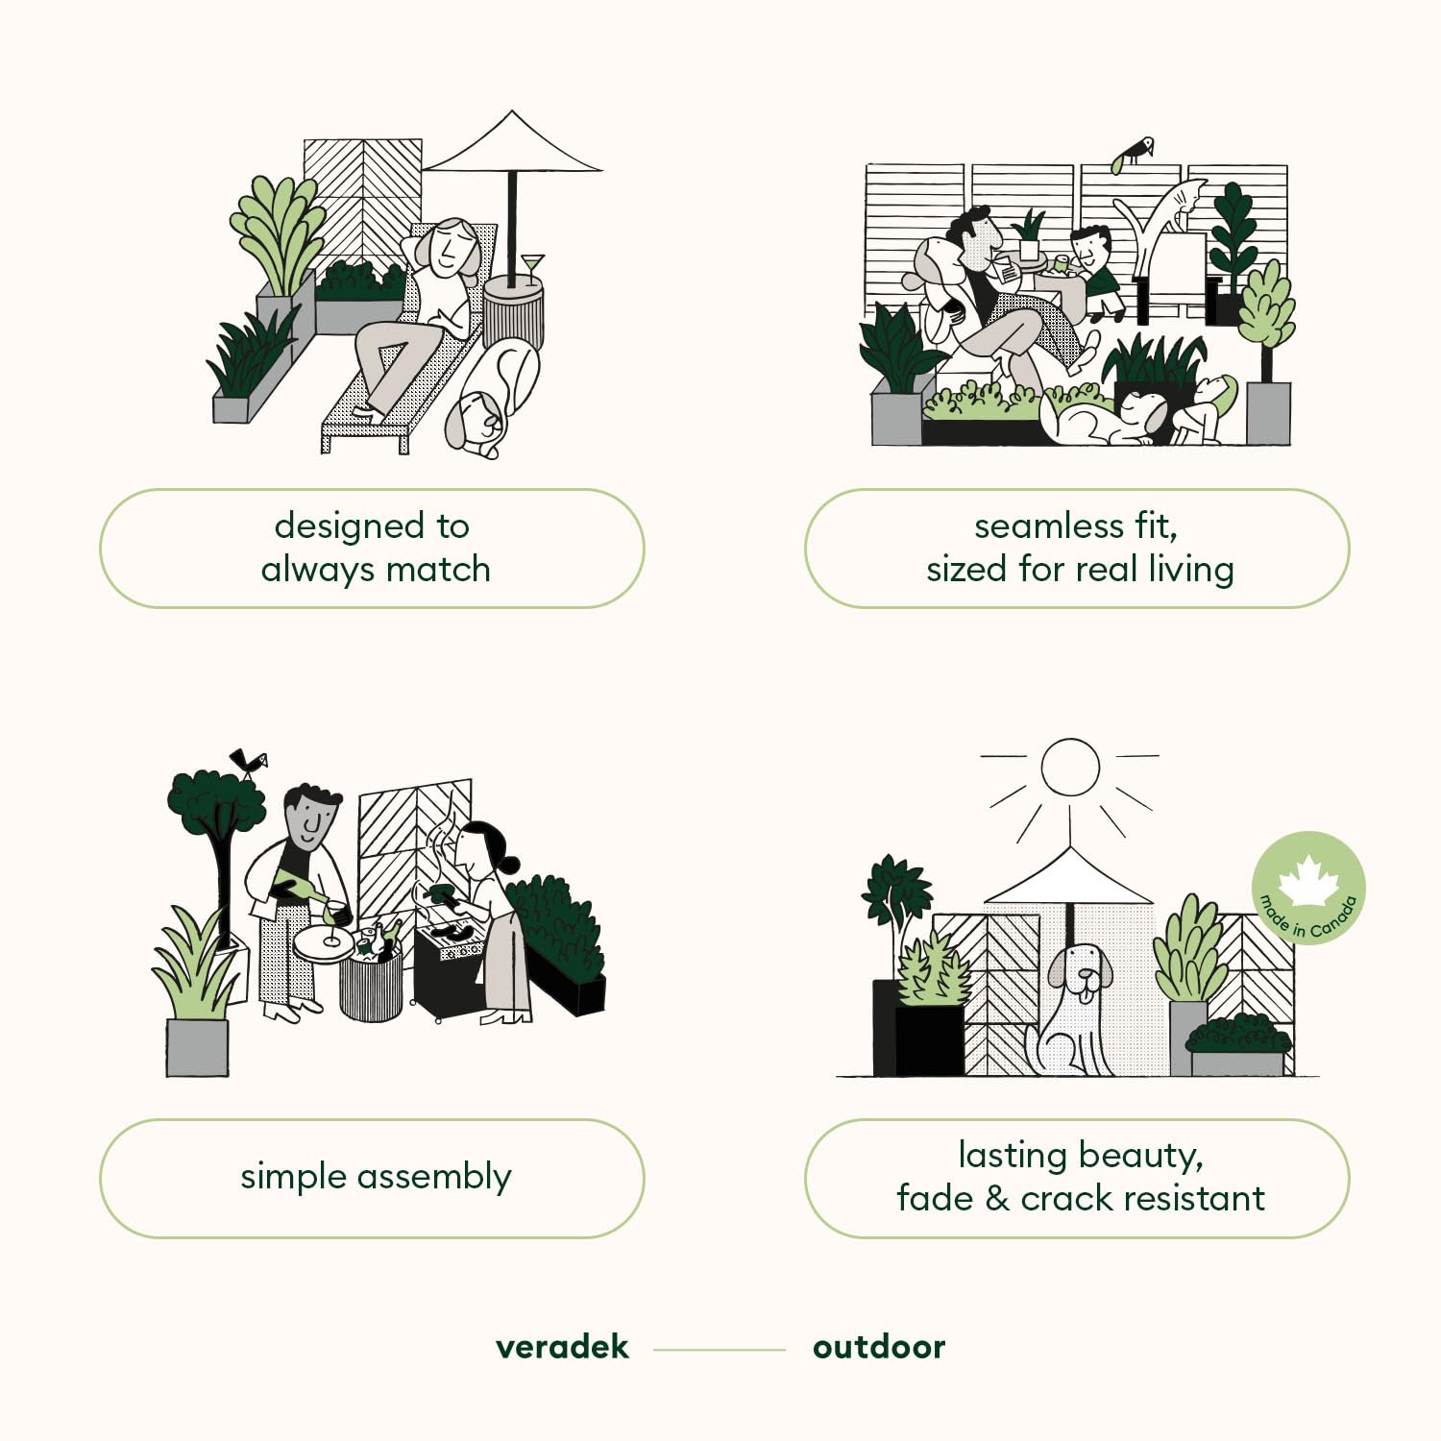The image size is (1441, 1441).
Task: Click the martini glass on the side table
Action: tap(531, 268)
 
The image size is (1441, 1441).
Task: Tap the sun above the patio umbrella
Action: tap(1070, 767)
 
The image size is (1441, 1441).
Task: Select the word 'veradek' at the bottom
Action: tap(562, 1347)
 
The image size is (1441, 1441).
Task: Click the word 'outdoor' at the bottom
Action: tap(879, 1347)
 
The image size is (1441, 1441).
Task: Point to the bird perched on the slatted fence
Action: tap(1134, 153)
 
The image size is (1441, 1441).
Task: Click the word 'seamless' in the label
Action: tap(1049, 526)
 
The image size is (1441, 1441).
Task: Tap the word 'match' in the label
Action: tap(438, 569)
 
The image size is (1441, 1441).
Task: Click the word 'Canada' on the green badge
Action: tap(1335, 916)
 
